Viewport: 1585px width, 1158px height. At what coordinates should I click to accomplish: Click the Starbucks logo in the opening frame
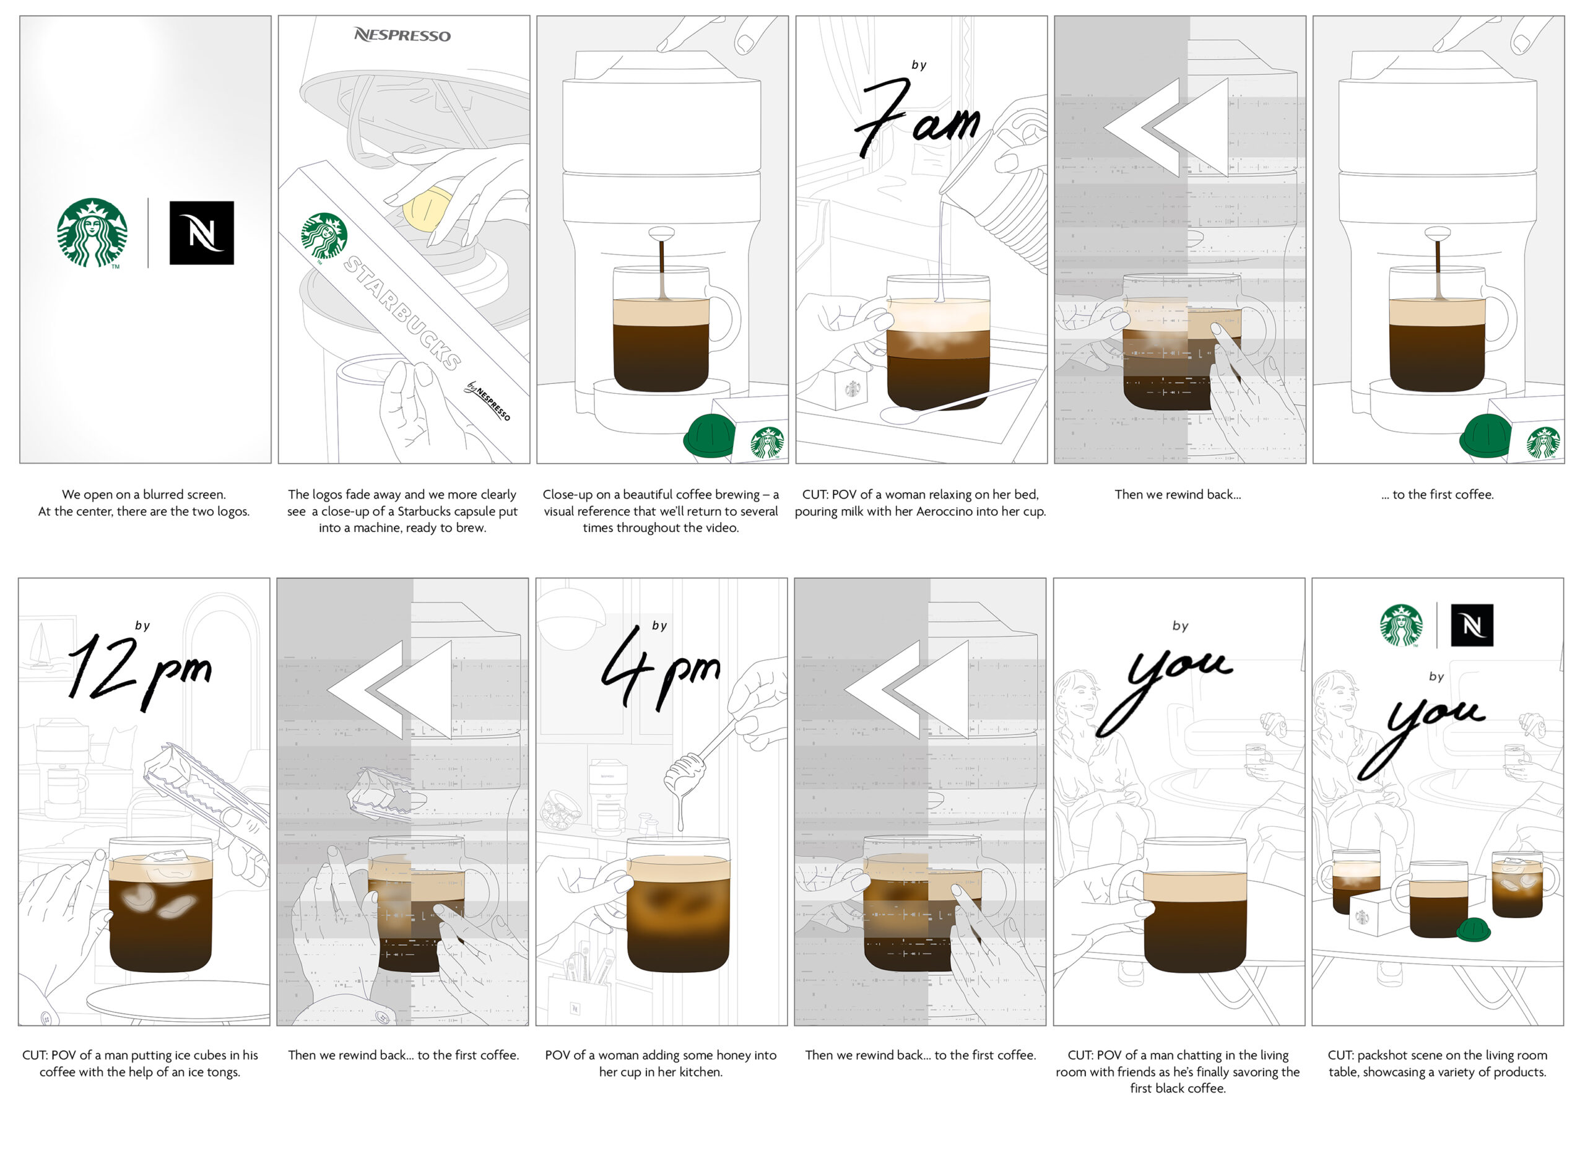coord(92,233)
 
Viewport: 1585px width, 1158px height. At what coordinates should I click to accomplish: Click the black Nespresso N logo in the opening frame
coord(202,233)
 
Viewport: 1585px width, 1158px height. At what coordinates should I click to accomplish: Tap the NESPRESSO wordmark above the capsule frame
coord(402,35)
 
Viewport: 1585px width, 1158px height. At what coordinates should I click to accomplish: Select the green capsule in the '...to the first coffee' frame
coord(1485,436)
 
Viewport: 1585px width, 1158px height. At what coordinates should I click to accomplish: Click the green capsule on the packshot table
coord(1474,929)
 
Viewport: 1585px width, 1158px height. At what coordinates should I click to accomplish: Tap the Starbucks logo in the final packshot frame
coord(1401,625)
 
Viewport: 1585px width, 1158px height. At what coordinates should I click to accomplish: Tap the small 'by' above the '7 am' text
coord(919,65)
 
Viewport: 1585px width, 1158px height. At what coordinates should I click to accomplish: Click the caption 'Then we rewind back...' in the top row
coord(1178,495)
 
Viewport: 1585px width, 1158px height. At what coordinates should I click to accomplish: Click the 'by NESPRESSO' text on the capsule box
coord(489,401)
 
